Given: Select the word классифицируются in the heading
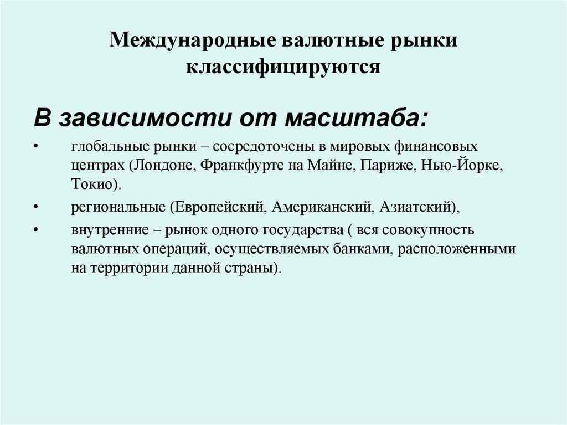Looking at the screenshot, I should point(283,66).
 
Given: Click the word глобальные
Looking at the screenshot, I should point(104,149).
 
